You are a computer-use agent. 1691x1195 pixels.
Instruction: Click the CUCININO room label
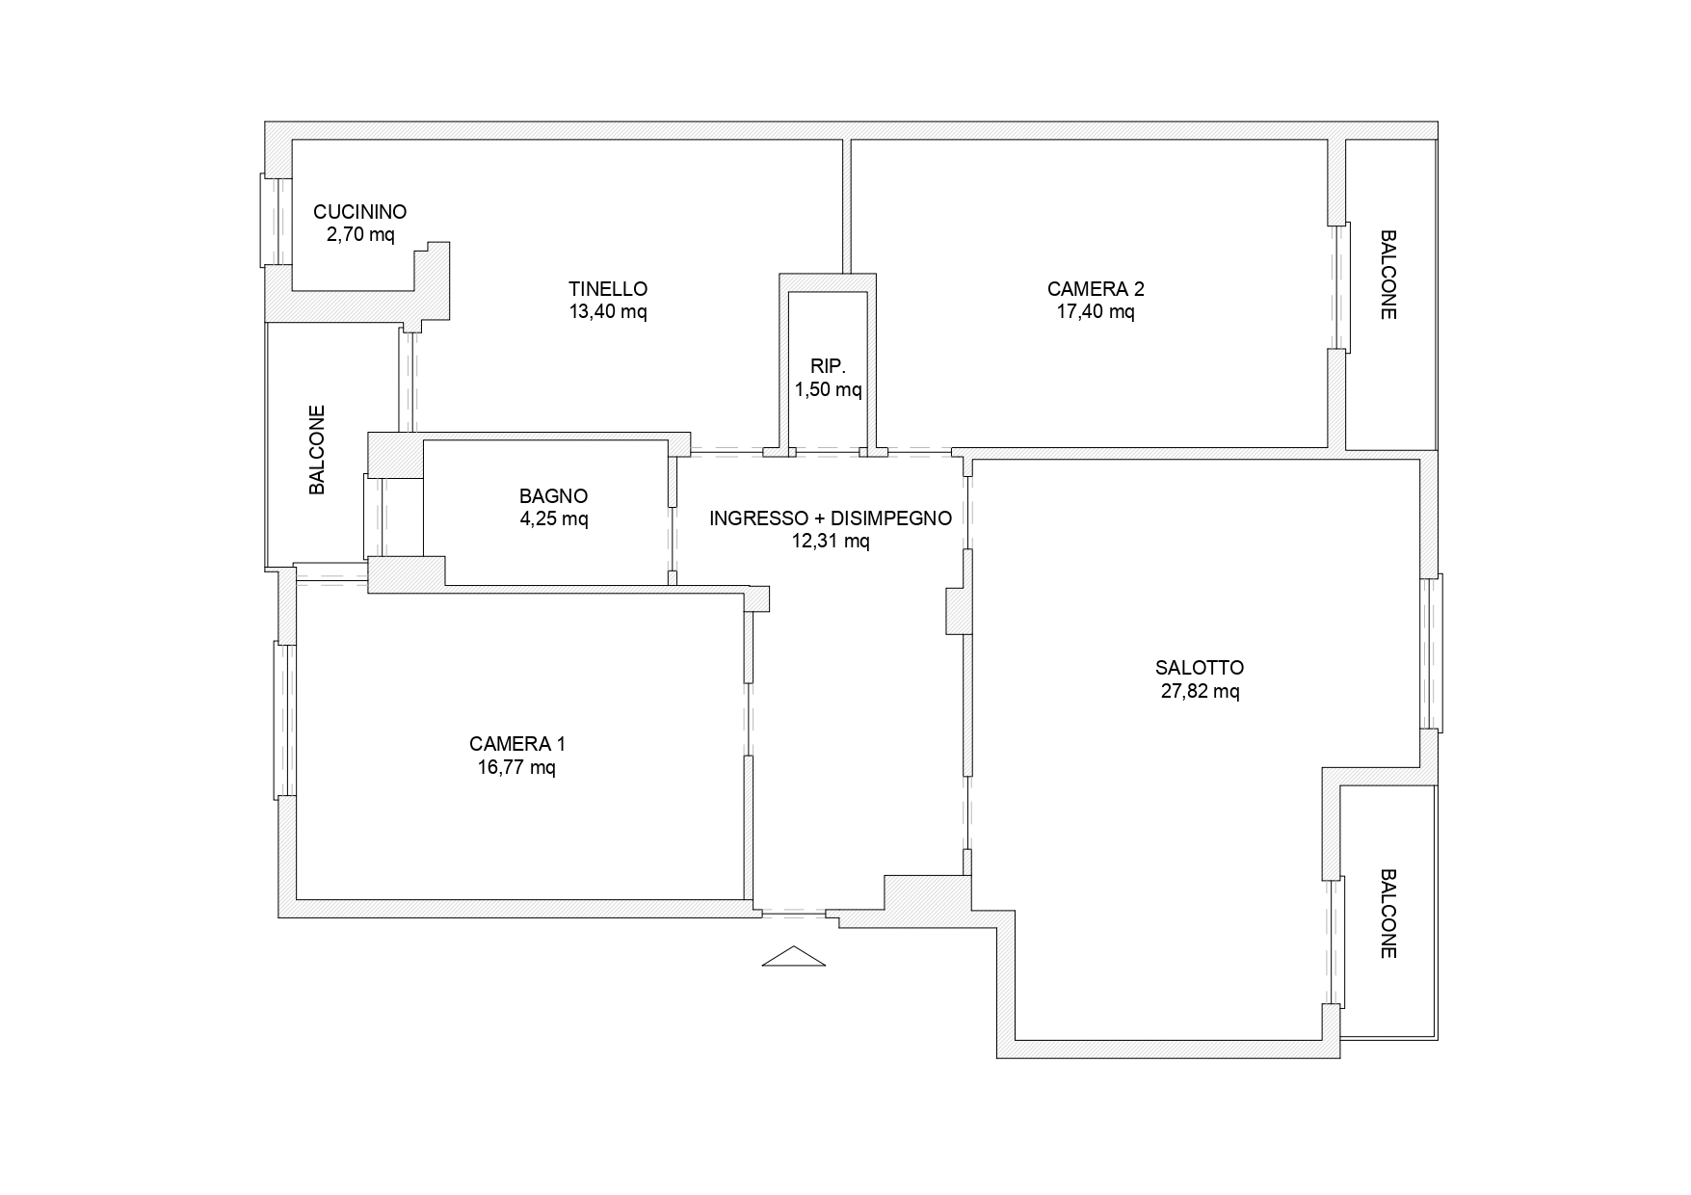359,212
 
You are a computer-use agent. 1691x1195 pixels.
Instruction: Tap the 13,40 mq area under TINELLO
608,311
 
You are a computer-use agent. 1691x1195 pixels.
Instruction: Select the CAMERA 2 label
1096,288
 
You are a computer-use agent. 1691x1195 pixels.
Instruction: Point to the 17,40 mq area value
1096,311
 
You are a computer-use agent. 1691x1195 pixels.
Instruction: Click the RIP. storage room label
828,366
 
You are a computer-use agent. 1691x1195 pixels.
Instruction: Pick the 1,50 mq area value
828,389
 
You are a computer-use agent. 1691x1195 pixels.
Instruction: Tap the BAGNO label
553,496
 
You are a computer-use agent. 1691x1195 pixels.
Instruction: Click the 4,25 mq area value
553,518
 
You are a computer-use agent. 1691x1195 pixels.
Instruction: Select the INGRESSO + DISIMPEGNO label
831,518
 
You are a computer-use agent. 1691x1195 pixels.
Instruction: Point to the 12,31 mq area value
831,542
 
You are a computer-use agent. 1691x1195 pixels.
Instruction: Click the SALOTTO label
1200,668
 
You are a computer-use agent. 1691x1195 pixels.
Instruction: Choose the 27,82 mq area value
1200,691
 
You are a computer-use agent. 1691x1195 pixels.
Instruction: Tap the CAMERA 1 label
517,744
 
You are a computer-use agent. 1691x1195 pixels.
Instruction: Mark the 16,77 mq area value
517,767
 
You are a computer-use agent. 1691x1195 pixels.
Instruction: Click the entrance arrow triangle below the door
794,957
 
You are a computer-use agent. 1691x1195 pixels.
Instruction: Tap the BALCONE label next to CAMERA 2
1388,275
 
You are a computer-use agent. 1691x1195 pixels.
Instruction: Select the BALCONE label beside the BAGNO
317,450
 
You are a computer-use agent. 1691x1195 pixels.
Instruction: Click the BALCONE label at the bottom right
1388,915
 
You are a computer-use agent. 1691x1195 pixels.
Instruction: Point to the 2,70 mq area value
359,234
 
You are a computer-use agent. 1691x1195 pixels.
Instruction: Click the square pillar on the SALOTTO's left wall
959,611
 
